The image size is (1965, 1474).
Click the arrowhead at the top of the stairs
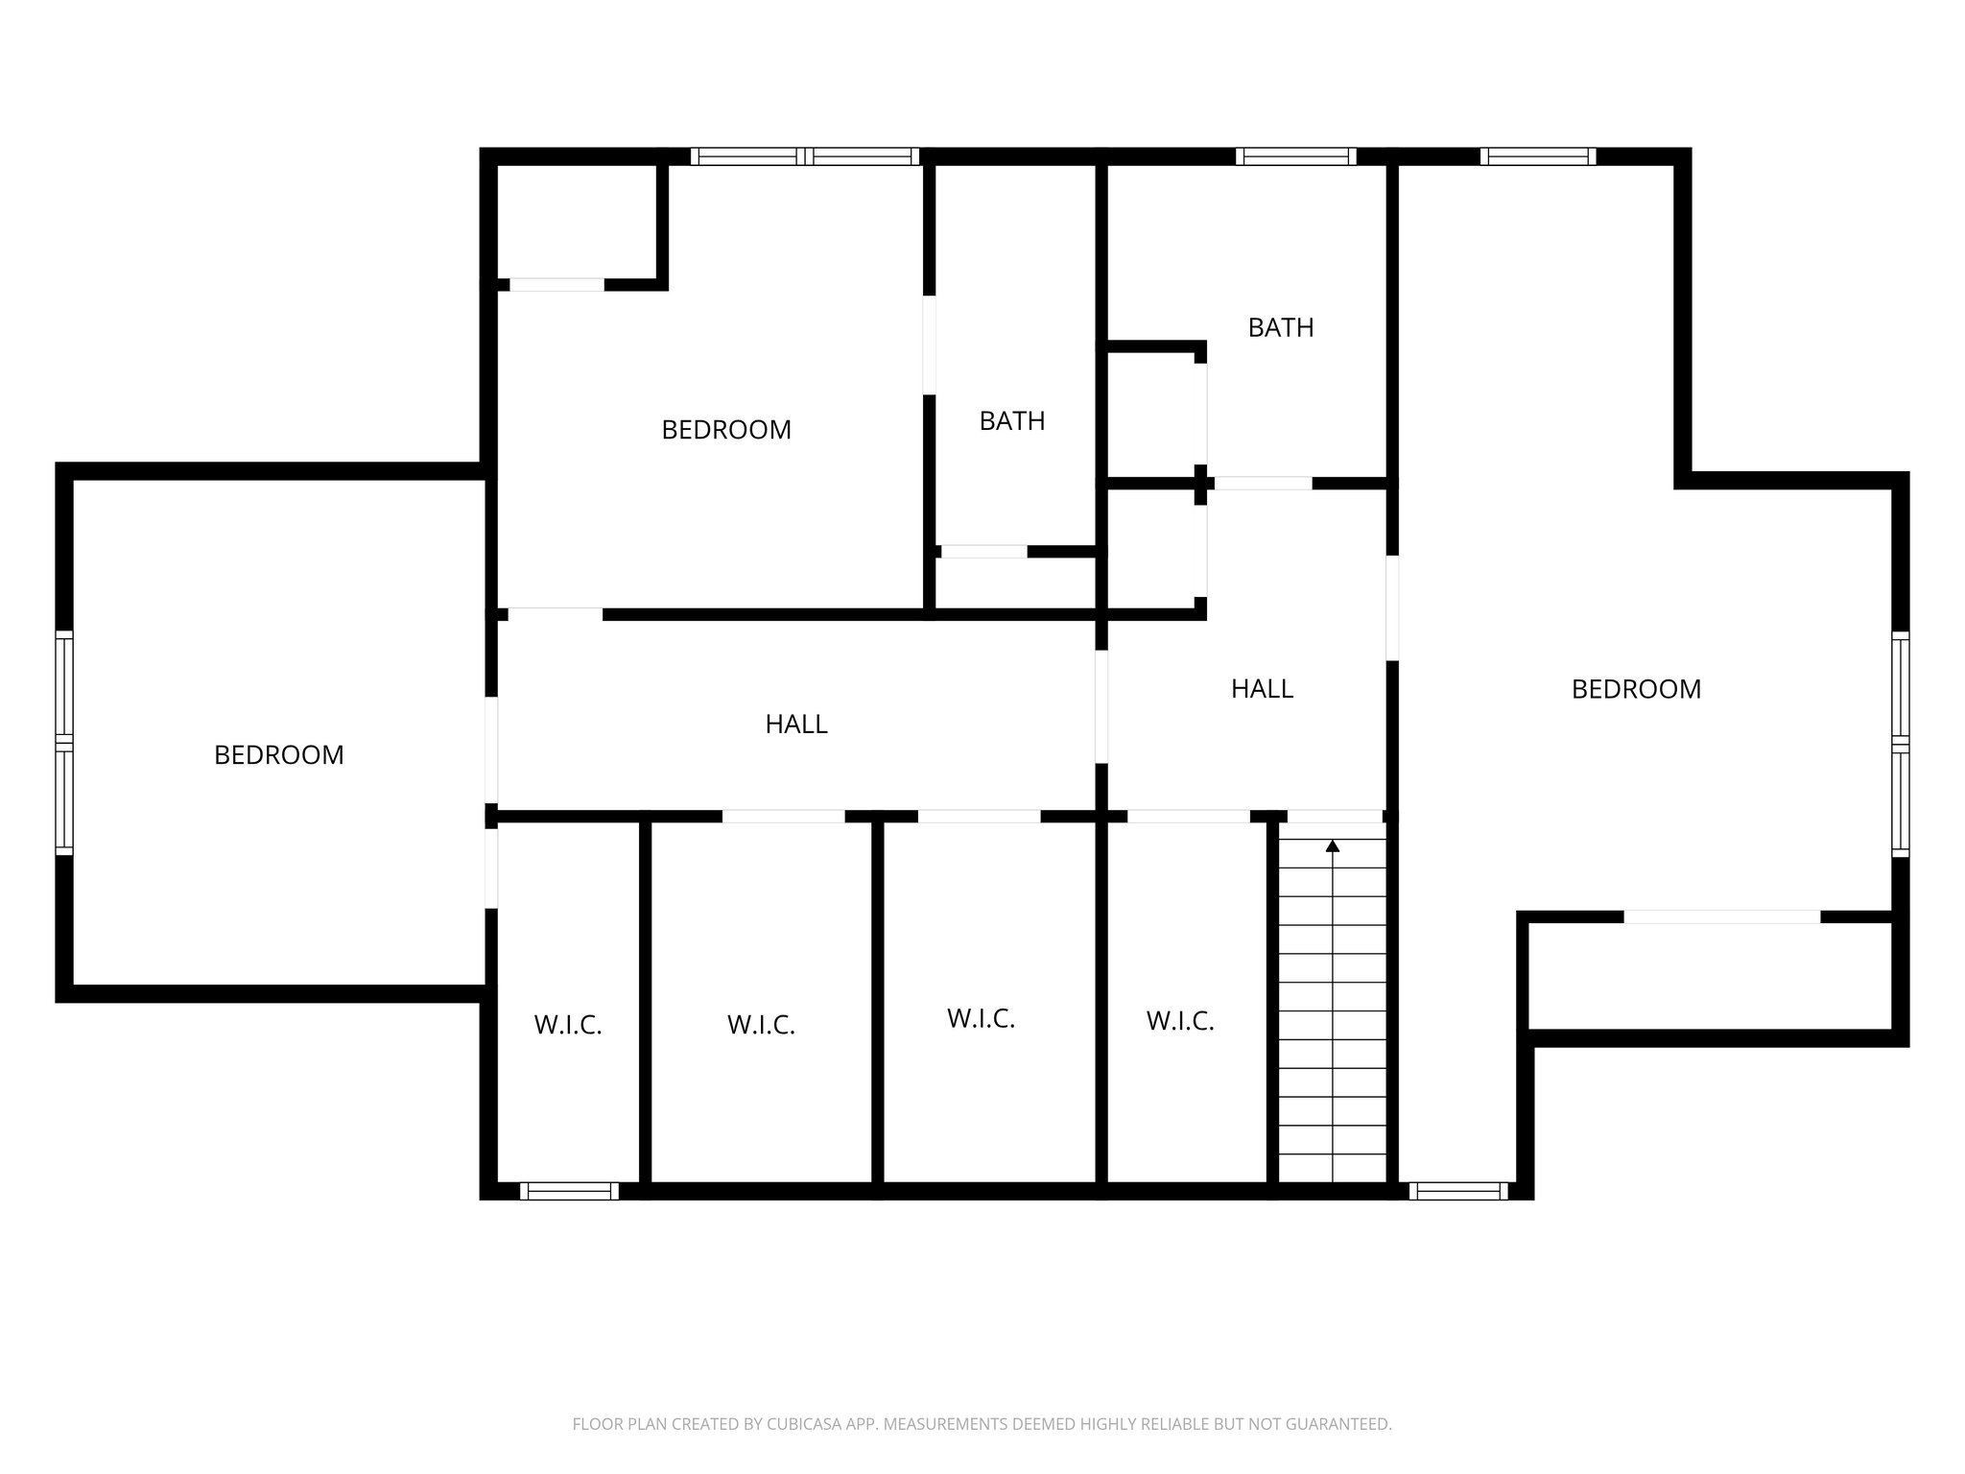tap(1333, 845)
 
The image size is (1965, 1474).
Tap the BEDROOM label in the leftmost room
tap(278, 755)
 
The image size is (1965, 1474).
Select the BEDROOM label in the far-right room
tap(1636, 689)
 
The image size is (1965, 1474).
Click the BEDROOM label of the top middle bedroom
tap(726, 430)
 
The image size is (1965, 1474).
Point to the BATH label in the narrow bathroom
tap(1012, 421)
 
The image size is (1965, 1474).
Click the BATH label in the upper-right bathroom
tap(1281, 328)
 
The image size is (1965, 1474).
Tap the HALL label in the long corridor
tap(796, 725)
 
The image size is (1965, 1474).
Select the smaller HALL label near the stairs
tap(1262, 689)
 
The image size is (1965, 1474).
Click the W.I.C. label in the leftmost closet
tap(568, 1026)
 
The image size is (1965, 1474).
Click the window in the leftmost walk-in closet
tap(569, 1191)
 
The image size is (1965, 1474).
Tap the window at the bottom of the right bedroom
tap(1458, 1191)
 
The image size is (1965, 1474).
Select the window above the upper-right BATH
tap(1296, 156)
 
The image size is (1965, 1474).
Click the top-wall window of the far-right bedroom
tap(1538, 156)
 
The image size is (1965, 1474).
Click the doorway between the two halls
tap(1101, 706)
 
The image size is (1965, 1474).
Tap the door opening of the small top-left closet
tap(556, 284)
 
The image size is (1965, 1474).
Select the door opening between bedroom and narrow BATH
tap(929, 345)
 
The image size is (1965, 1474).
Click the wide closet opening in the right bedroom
tap(1722, 916)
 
